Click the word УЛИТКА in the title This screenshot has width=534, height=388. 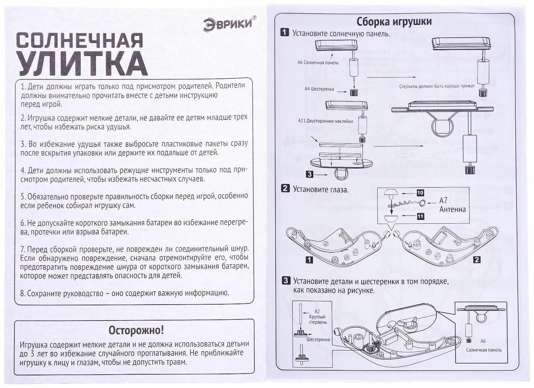point(82,64)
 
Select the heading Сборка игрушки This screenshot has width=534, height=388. point(394,22)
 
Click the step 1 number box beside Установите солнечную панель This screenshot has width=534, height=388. point(285,33)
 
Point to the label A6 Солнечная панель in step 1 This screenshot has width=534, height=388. point(318,62)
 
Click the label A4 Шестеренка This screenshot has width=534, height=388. point(319,89)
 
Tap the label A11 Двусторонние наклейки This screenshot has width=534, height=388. point(326,121)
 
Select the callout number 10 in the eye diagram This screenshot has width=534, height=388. point(420,193)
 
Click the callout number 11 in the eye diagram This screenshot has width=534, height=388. point(420,216)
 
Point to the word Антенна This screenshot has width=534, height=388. point(452,209)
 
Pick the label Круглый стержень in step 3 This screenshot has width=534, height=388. point(318,319)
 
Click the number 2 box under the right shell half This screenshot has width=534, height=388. point(477,260)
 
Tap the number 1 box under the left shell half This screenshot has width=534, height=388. point(309,260)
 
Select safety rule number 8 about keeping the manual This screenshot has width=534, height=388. point(125,293)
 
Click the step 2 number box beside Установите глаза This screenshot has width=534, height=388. point(285,188)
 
